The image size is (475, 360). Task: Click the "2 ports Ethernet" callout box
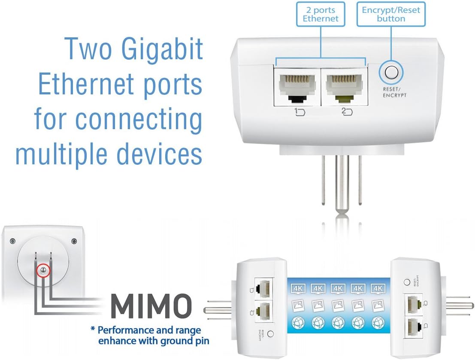point(321,14)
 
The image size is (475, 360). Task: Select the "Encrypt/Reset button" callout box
point(391,14)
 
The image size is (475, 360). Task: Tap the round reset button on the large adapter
point(391,72)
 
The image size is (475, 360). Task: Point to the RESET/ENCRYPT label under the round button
point(394,92)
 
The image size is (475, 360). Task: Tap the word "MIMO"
point(151,307)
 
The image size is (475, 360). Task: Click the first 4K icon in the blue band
point(298,288)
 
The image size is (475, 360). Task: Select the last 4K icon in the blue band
point(377,288)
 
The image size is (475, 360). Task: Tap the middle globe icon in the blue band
point(338,322)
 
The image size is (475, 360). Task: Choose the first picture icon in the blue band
point(298,306)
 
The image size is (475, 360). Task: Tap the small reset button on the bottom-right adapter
point(407,282)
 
